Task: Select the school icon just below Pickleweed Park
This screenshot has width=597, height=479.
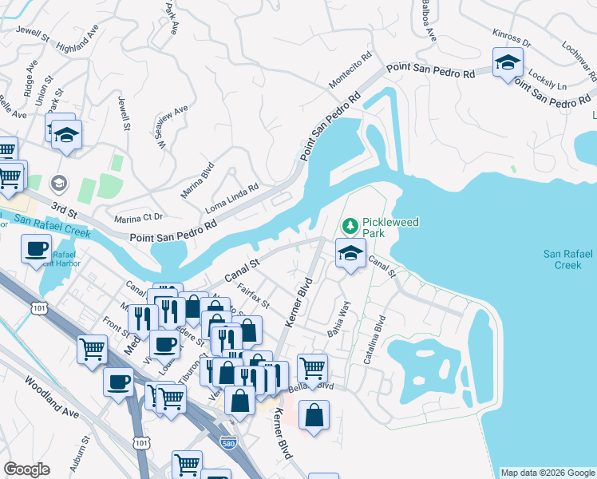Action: coord(350,253)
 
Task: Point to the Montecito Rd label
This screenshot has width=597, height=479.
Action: coord(351,72)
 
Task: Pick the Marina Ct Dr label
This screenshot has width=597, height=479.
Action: coord(139,217)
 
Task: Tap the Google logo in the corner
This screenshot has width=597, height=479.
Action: coord(27,469)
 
